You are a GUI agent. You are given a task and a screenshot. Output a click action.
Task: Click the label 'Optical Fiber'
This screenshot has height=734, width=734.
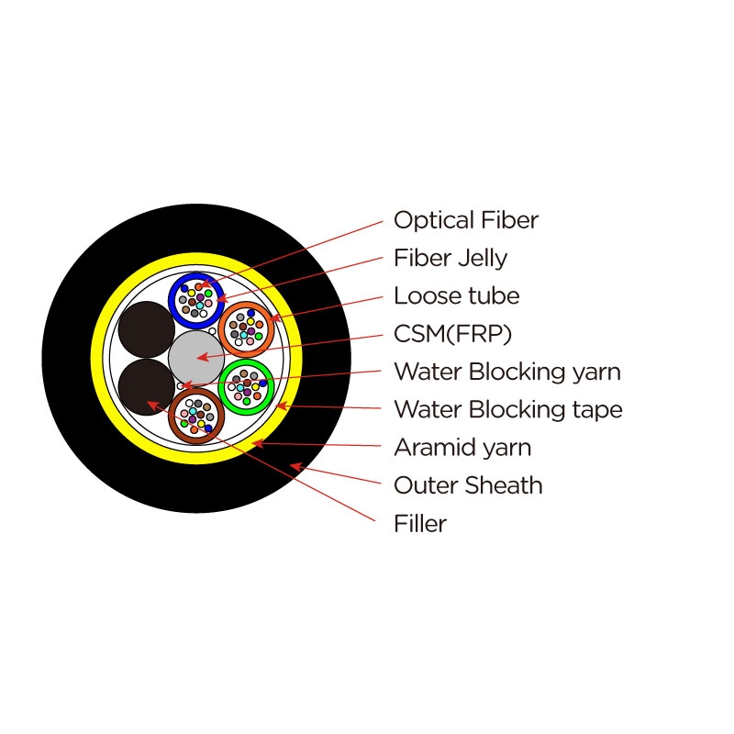pos(466,220)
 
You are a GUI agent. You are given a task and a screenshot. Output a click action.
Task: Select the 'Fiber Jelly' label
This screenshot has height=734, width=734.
pos(450,258)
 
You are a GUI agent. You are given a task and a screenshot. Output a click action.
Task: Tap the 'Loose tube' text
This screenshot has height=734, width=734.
pos(456,295)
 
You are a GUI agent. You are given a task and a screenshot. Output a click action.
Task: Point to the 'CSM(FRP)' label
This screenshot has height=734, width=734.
pos(452,334)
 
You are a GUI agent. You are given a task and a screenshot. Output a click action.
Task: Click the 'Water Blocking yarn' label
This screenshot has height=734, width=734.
pos(507,372)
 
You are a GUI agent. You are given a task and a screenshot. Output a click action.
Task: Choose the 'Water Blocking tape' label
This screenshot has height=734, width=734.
pos(508,409)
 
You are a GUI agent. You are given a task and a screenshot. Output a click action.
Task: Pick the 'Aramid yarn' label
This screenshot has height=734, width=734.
pos(462,448)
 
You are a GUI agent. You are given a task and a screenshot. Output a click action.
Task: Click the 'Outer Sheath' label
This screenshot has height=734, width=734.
pos(468,485)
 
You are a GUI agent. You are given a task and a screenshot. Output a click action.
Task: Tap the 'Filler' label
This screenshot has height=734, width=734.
pos(420,523)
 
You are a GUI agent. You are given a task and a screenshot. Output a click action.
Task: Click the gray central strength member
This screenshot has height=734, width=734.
pos(196,358)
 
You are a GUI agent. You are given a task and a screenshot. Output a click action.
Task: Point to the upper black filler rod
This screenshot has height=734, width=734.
pos(147,329)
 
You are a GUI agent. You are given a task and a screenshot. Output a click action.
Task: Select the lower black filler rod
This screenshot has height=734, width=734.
pos(147,387)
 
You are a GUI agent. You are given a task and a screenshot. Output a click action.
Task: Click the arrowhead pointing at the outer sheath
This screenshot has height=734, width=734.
pos(295,466)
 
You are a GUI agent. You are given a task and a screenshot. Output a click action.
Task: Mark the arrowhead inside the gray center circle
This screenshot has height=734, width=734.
pos(202,357)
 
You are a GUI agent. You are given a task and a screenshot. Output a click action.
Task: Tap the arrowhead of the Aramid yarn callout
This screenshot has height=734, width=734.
pos(258,443)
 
